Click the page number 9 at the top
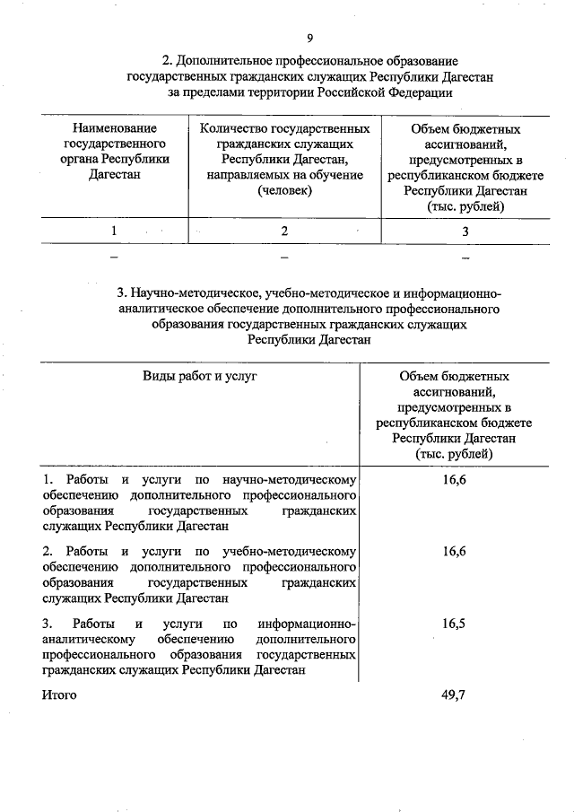309,38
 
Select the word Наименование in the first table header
114,129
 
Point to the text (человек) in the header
284,190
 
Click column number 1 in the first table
114,231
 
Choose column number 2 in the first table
284,231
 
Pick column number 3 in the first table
465,231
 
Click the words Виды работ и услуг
200,376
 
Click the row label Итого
59,694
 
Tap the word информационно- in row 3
307,623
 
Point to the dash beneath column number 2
284,258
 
